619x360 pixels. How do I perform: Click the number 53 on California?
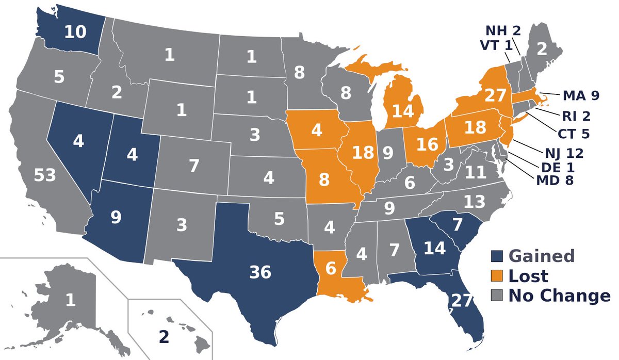tap(45, 176)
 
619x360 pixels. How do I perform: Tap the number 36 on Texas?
tap(260, 272)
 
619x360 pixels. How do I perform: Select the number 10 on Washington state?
tap(75, 32)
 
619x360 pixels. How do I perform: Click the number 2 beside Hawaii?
tap(164, 337)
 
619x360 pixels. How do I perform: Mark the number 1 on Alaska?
tap(70, 300)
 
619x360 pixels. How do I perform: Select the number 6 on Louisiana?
tap(330, 268)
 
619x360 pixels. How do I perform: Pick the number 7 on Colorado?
tap(193, 166)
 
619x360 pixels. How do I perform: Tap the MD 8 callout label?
tap(555, 181)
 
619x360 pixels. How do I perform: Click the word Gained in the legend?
tap(541, 256)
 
